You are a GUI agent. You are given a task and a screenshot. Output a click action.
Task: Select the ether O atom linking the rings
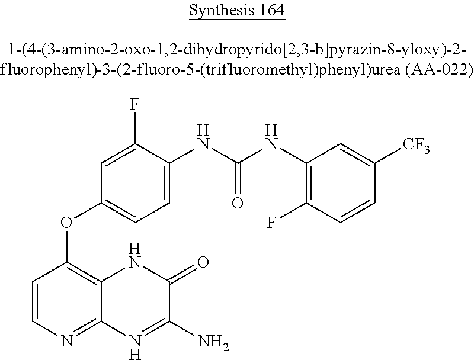[67, 224]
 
